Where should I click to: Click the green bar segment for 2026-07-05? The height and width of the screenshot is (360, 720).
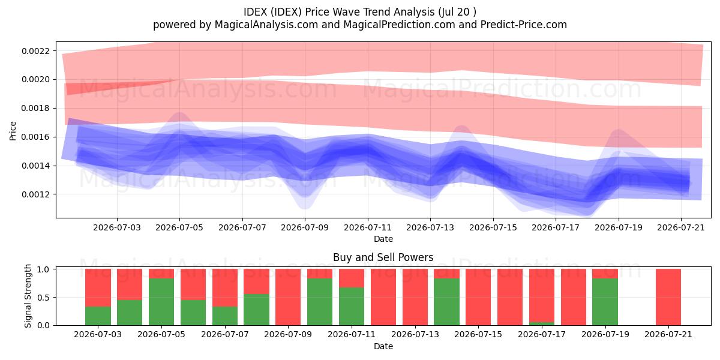click(161, 302)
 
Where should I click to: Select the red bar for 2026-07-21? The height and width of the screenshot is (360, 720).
click(668, 297)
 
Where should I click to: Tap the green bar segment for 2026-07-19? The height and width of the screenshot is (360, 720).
click(605, 302)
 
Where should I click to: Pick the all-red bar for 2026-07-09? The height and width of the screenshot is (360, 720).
click(288, 297)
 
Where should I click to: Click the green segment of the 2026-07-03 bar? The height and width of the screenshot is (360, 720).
click(98, 316)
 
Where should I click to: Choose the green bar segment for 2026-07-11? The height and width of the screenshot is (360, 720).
click(352, 307)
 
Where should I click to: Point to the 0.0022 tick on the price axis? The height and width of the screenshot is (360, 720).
click(35, 51)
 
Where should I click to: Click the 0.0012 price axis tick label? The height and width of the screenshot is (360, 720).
click(35, 194)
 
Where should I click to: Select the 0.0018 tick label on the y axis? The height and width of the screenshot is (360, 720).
click(35, 109)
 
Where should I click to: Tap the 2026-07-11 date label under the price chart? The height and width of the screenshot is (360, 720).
click(368, 227)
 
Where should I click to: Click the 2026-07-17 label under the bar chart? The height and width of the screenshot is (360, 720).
click(542, 334)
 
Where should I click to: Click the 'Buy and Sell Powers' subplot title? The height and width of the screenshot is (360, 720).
click(383, 257)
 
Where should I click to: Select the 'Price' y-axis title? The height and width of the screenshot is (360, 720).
click(13, 131)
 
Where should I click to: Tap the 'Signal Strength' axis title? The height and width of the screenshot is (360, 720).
click(28, 296)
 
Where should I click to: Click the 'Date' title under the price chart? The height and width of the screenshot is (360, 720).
click(383, 239)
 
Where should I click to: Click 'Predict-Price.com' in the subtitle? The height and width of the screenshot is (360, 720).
click(524, 25)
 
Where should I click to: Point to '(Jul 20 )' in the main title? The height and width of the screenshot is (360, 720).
click(457, 12)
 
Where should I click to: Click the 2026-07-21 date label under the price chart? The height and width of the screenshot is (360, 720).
click(681, 227)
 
